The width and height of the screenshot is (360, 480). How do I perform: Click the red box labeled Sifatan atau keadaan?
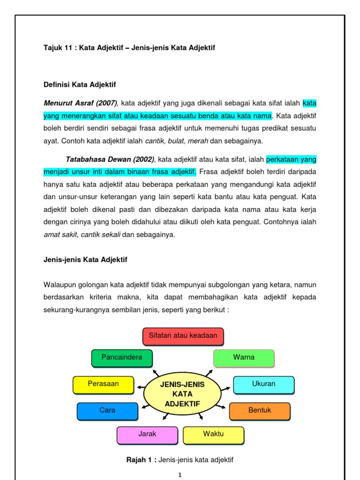point(183,336)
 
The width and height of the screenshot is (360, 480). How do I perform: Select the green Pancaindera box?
point(122,358)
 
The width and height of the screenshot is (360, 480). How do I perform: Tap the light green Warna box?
point(244,358)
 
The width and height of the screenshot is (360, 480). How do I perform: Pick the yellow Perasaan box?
point(103,384)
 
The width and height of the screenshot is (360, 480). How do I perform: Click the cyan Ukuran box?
point(263,384)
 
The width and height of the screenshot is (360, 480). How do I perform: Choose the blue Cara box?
point(107,411)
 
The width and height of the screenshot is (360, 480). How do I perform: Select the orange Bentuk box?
point(260,411)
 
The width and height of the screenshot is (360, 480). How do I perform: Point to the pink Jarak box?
point(147,435)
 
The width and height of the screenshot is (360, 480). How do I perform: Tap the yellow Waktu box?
point(213,435)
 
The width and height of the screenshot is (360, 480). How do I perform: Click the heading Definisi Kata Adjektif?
point(79,85)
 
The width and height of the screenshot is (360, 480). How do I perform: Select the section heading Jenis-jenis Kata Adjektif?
point(85,259)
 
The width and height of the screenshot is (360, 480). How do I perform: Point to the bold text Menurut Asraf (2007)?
point(80,103)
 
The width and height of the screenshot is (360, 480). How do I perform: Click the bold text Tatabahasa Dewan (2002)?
point(110,160)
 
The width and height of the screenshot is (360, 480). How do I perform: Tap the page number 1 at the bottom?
point(180,475)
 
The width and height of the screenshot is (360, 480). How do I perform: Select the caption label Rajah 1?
point(141,460)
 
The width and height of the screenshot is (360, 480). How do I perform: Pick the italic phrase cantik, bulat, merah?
point(176,141)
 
